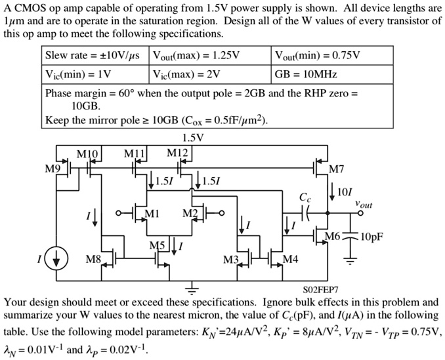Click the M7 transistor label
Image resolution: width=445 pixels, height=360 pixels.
point(335,170)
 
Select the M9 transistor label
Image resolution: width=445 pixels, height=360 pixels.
point(52,169)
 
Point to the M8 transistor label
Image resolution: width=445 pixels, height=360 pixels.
point(94,260)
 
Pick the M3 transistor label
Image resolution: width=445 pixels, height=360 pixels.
point(230,260)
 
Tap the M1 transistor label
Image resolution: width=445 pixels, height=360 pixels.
point(152,213)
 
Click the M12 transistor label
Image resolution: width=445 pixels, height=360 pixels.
point(178,153)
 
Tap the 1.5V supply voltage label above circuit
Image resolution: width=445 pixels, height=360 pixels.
point(194,138)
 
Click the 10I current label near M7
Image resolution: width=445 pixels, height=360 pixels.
point(344,192)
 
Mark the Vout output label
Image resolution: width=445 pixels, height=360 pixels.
point(364,205)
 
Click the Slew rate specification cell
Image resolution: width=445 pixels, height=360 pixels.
point(96,55)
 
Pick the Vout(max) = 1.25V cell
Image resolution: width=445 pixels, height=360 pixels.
point(210,55)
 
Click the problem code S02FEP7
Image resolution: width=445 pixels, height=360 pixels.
point(320,290)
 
